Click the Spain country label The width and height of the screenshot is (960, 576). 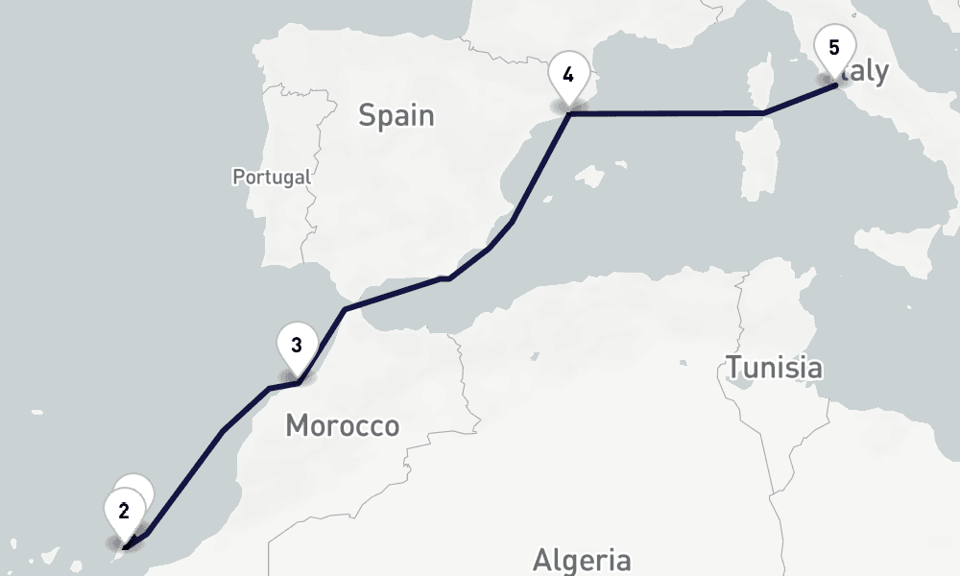pos(396,116)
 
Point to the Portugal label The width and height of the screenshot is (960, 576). pos(272,177)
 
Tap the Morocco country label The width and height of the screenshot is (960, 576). pos(342,425)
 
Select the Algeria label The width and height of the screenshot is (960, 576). pos(582,559)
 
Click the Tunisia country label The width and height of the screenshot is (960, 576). pos(774,367)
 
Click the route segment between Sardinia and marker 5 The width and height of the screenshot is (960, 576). pos(802,100)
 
